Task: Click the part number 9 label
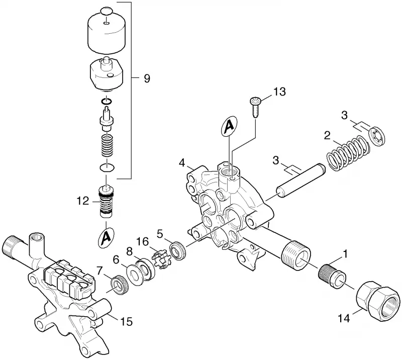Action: [147, 78]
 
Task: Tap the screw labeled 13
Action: [255, 106]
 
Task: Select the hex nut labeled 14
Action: [378, 301]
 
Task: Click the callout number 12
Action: [83, 201]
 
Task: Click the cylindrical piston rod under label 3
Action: [300, 180]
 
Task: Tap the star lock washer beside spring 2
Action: [377, 136]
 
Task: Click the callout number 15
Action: [127, 321]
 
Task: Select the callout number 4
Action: [182, 163]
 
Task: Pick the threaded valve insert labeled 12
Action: [106, 202]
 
